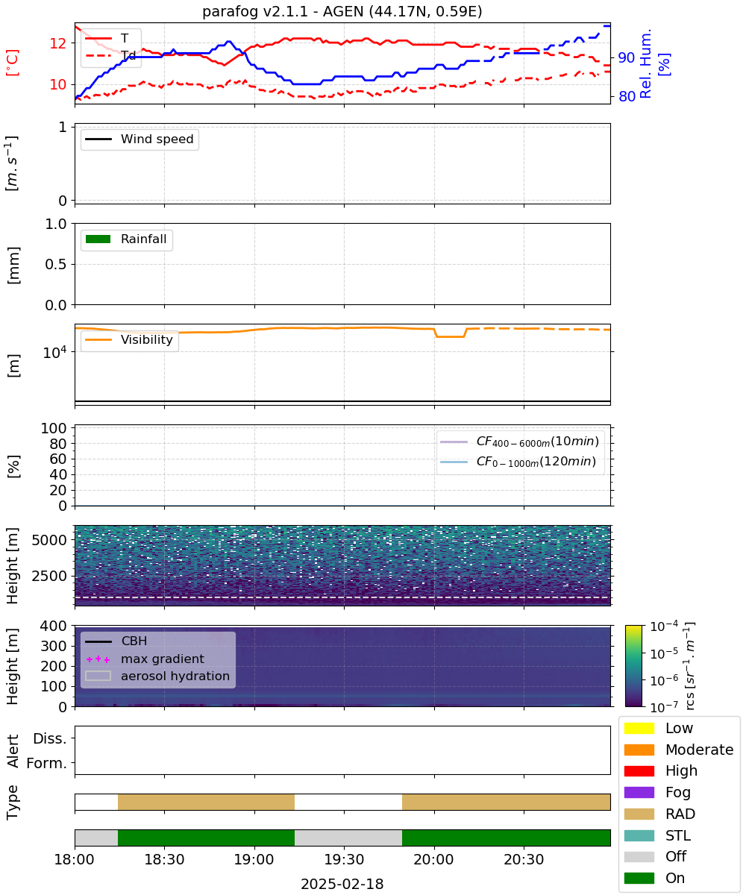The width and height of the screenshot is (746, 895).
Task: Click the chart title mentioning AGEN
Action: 342,11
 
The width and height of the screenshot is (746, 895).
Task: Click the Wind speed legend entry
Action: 140,139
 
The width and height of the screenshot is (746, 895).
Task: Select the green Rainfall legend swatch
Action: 98,239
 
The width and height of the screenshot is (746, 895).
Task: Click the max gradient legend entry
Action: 145,659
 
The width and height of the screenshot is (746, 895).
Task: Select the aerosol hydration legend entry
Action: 157,676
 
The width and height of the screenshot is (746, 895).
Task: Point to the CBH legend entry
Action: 116,641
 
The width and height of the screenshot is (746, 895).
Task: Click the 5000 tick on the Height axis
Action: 49,540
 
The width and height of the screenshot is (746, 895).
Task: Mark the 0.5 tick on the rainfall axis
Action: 56,264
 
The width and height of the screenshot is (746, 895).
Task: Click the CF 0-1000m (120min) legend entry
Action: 518,462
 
